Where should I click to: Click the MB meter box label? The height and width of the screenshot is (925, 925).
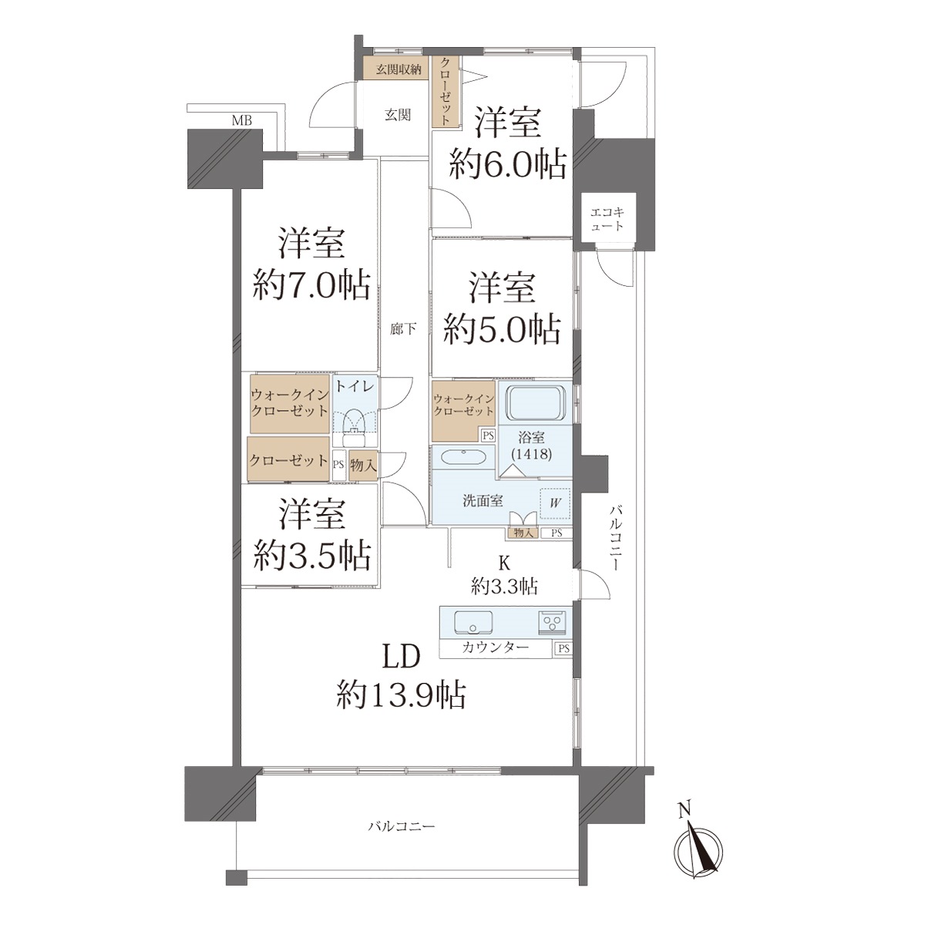(x=242, y=120)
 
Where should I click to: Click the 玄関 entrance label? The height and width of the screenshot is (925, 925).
(x=398, y=115)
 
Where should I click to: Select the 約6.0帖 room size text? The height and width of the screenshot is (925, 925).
(x=507, y=165)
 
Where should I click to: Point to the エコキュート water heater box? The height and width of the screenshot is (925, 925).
(x=607, y=219)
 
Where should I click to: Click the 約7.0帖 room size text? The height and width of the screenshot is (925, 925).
(x=311, y=285)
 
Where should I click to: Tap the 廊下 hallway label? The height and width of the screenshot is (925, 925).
(x=402, y=329)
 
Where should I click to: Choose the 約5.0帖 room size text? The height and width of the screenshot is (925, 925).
(x=502, y=329)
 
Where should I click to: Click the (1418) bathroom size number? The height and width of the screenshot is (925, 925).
(x=533, y=453)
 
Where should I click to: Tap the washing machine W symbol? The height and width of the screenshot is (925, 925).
(x=555, y=503)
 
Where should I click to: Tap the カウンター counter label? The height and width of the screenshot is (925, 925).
(x=496, y=648)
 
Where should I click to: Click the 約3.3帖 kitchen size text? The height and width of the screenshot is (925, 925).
(x=504, y=587)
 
